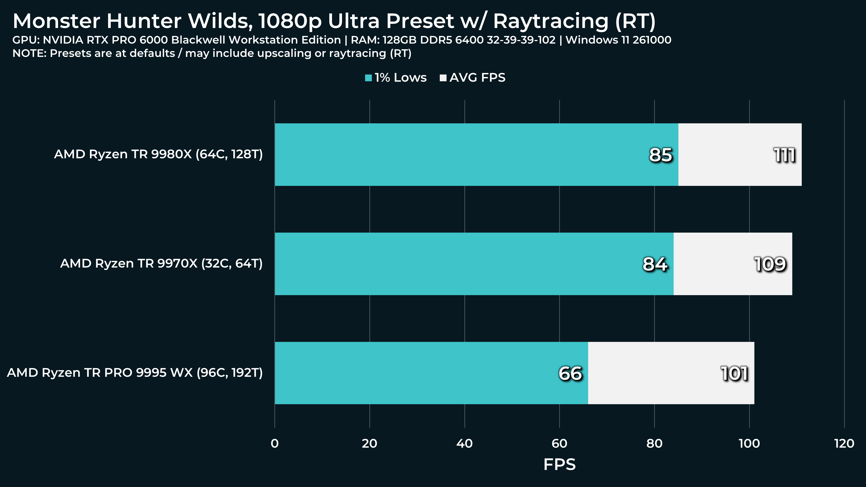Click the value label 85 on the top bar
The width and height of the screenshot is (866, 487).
[661, 155]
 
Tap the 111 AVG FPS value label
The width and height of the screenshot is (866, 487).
[784, 155]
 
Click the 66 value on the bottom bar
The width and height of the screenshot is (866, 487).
[570, 373]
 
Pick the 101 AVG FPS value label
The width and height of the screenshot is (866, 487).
[734, 373]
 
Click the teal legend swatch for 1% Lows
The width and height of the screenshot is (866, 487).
[368, 78]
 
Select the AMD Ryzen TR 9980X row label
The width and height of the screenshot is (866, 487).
[158, 154]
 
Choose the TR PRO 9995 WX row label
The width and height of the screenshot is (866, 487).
[135, 373]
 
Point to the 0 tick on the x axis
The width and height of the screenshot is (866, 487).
[275, 444]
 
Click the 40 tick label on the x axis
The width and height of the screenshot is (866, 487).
[465, 444]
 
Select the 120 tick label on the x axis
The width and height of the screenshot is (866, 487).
[844, 444]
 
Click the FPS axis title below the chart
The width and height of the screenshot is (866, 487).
[559, 464]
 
